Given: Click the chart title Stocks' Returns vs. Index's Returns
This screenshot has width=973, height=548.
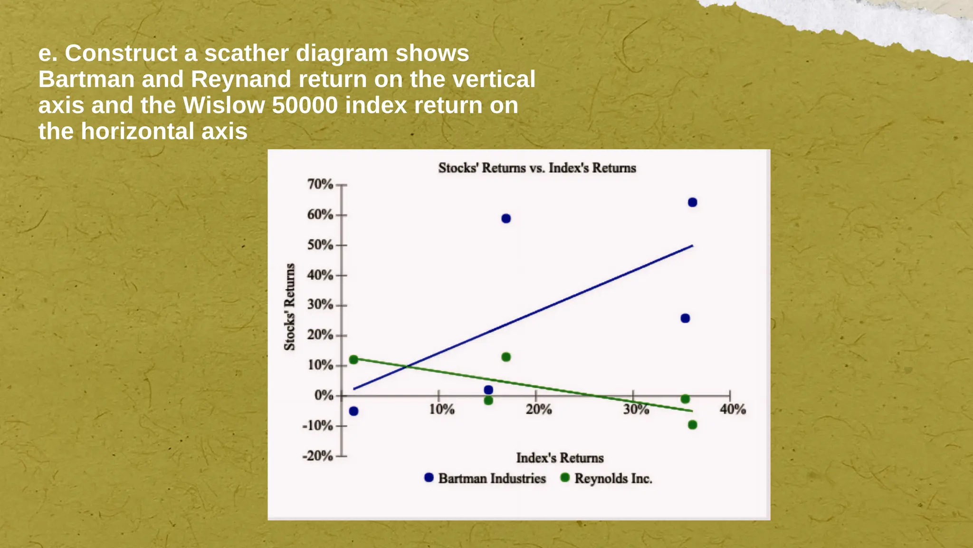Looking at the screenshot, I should (x=537, y=168).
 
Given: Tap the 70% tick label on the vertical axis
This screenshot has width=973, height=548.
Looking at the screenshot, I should (x=320, y=184).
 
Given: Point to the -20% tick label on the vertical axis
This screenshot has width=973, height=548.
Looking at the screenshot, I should (x=318, y=456).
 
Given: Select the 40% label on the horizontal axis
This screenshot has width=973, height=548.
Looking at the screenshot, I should (x=733, y=409).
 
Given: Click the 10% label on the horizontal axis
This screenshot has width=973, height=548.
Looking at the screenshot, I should (x=442, y=409).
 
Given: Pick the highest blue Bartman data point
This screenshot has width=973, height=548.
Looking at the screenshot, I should (x=692, y=203).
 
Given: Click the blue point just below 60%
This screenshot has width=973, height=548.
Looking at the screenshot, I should (x=506, y=219).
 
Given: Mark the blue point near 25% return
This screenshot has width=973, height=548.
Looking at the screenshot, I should (x=685, y=318).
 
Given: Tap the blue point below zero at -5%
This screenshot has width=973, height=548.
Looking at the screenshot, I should (x=353, y=411).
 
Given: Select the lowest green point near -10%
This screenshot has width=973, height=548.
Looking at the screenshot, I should (x=692, y=425).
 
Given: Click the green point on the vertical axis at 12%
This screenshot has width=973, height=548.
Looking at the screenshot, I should (x=353, y=360).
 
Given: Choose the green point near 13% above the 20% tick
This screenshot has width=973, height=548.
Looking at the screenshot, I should (x=506, y=357).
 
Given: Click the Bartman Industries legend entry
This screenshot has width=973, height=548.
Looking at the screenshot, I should (x=491, y=479).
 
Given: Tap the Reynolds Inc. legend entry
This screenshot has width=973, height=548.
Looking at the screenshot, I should (x=613, y=479).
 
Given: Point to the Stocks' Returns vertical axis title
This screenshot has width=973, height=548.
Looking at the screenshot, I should (x=289, y=307).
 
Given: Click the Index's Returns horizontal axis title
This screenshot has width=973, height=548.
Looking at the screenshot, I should (x=560, y=458).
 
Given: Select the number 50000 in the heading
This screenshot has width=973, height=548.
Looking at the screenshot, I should (x=304, y=105).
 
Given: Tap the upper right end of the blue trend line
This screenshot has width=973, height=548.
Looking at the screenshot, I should (x=692, y=246).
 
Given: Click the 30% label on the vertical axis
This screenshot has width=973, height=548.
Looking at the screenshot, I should (x=320, y=304).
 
